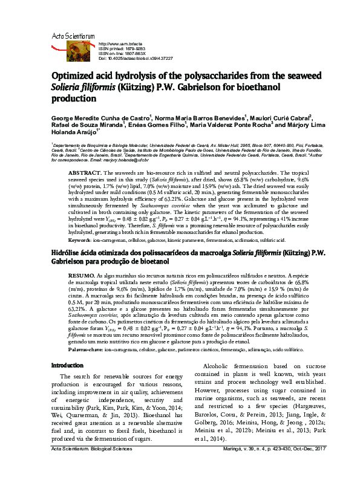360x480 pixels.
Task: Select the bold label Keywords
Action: (x=80, y=240)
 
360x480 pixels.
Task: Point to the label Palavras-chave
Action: (x=85, y=349)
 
